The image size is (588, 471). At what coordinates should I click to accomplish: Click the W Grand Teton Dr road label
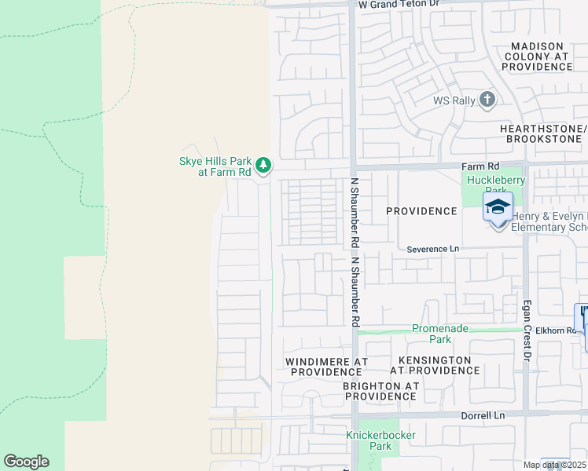click(399, 5)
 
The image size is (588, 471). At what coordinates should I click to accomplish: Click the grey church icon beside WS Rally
click(487, 100)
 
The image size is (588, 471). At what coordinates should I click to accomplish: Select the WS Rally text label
click(454, 100)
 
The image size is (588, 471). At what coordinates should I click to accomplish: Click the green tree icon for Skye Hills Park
click(264, 166)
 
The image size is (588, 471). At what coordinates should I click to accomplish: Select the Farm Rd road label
click(480, 166)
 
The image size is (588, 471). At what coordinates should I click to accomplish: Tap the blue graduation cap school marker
click(498, 207)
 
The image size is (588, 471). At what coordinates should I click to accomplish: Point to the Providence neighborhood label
click(421, 211)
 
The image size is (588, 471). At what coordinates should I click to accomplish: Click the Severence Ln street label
click(432, 249)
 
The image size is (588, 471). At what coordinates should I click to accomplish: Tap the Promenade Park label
click(430, 334)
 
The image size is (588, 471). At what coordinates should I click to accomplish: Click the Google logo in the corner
click(26, 462)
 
